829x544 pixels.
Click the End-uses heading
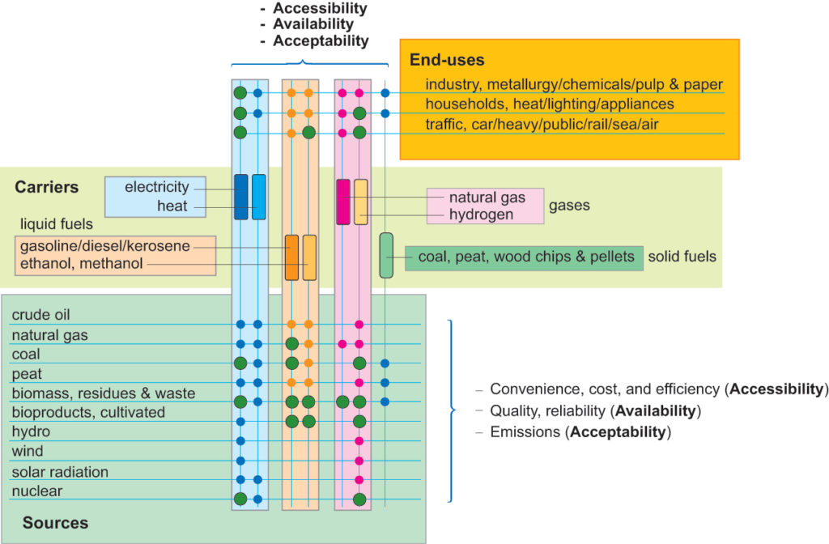[447, 60]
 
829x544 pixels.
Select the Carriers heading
[46, 187]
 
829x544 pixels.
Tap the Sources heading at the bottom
[56, 523]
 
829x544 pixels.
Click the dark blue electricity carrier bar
[241, 197]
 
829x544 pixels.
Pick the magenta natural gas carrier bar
[343, 202]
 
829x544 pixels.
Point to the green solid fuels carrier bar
[386, 255]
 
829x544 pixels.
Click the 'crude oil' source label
[40, 315]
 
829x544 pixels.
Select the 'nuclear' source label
[37, 491]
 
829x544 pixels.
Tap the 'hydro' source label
[31, 431]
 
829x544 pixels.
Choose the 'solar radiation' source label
[60, 472]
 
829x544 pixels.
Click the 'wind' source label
[28, 451]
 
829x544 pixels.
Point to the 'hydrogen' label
[481, 215]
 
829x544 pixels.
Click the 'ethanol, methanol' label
[82, 263]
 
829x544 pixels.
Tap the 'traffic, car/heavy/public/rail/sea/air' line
[542, 124]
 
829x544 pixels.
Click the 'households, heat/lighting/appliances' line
[550, 104]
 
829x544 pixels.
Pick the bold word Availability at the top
[313, 23]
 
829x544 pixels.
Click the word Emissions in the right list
[525, 432]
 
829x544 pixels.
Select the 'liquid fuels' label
[57, 224]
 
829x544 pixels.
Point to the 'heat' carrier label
[172, 206]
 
